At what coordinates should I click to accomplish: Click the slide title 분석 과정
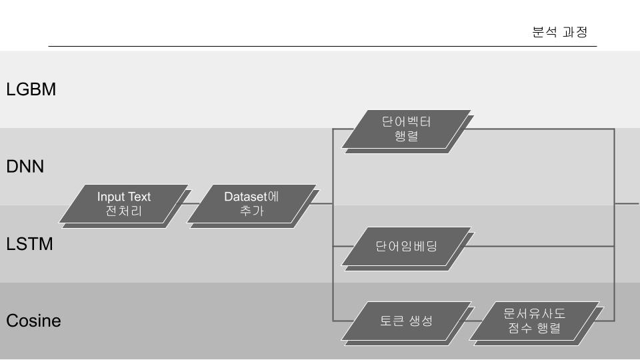click(559, 32)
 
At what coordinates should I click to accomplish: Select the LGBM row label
click(31, 89)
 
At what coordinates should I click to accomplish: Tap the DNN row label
click(25, 167)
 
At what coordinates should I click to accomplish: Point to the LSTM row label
click(29, 244)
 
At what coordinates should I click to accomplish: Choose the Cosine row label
click(33, 321)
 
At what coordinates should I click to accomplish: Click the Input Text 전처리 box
click(123, 204)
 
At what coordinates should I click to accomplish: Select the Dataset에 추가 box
click(251, 204)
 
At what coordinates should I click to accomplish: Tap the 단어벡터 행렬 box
click(407, 129)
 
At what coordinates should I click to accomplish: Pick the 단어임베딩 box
click(407, 246)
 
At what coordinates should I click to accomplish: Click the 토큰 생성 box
click(407, 321)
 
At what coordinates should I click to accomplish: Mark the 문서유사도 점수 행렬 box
click(535, 321)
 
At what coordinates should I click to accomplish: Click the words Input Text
click(124, 197)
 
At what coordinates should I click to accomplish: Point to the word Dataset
click(245, 197)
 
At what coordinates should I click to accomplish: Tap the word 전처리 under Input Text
click(124, 212)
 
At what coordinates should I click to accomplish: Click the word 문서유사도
click(535, 313)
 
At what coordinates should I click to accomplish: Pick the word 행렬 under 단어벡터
click(407, 137)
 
